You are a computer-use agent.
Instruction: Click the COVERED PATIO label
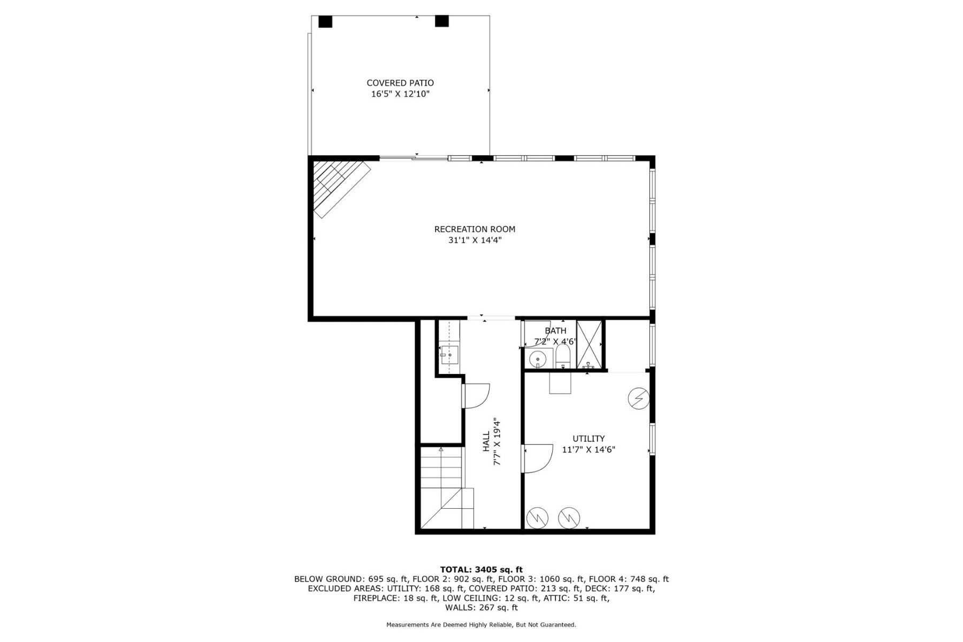pyautogui.click(x=400, y=83)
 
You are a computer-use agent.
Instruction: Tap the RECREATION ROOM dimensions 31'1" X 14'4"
pyautogui.click(x=475, y=241)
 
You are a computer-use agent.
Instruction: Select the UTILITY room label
pyautogui.click(x=588, y=439)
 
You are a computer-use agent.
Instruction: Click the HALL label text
pyautogui.click(x=486, y=442)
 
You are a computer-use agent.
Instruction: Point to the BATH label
pyautogui.click(x=555, y=331)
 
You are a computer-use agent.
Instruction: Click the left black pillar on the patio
pyautogui.click(x=325, y=21)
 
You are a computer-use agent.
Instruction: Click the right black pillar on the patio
pyautogui.click(x=441, y=21)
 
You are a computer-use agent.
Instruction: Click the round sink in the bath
pyautogui.click(x=537, y=359)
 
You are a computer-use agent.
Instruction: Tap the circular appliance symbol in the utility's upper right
pyautogui.click(x=638, y=399)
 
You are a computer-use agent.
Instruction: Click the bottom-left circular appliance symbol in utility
pyautogui.click(x=537, y=517)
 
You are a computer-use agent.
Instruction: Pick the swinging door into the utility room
pyautogui.click(x=538, y=458)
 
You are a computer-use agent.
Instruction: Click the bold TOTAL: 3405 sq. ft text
pyautogui.click(x=481, y=569)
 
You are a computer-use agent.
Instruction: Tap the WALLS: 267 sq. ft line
pyautogui.click(x=481, y=608)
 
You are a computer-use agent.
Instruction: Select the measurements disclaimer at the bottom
pyautogui.click(x=481, y=624)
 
